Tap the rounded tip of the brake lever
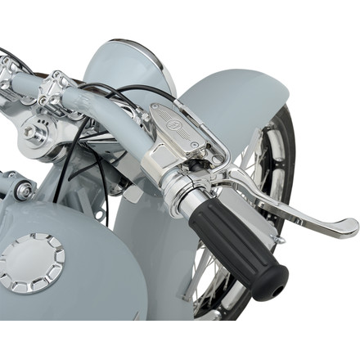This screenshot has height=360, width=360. coord(350,225)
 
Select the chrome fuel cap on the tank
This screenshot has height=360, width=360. coord(32,263)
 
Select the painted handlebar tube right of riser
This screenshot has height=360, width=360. coord(115,110)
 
